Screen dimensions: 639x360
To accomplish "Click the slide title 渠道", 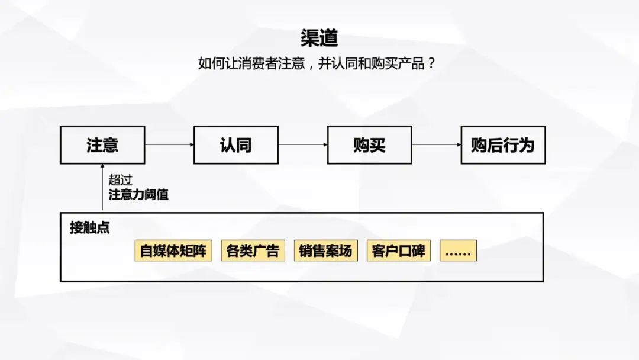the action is coord(319,38).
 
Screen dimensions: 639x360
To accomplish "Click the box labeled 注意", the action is coord(102,144).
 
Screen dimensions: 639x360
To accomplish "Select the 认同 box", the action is coord(236,144).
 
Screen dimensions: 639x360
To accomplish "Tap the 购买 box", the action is coord(370,144).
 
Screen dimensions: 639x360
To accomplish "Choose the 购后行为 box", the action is coord(503,144).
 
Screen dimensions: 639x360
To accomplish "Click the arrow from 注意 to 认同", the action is coord(170,144).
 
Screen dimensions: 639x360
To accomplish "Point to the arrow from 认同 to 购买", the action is coord(303,144).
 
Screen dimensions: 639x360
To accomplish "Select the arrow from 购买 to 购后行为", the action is coord(437,144).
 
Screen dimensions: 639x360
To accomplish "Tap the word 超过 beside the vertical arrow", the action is coord(120,180).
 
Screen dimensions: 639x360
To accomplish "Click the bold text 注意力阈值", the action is coord(138,195).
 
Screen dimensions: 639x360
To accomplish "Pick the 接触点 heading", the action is coord(90,227).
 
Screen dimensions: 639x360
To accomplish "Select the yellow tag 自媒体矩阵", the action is coord(173,250).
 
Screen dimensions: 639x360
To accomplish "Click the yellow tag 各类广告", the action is coord(253,250).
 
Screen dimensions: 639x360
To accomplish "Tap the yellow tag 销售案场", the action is coord(325,250).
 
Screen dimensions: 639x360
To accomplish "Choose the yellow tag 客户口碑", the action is coord(399,250).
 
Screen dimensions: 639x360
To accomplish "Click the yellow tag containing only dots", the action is coord(458,250).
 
